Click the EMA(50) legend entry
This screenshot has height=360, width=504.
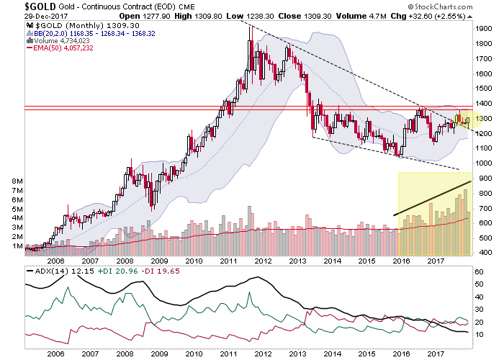(58, 48)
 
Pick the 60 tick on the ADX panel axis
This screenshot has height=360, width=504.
(479, 273)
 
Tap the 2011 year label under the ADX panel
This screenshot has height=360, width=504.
(228, 353)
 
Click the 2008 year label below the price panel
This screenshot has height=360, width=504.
(125, 263)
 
